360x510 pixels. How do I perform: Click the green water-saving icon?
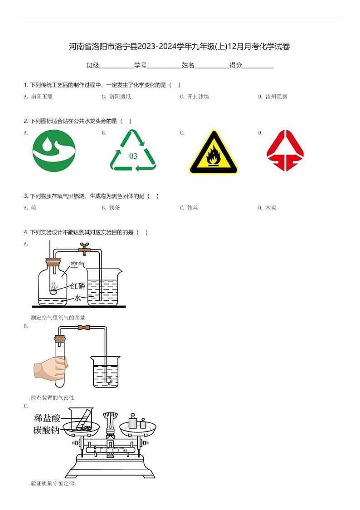click(x=54, y=151)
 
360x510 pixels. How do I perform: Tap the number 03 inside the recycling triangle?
click(x=133, y=156)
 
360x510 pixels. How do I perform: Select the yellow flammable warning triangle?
click(x=213, y=153)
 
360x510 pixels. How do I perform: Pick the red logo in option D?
click(x=285, y=151)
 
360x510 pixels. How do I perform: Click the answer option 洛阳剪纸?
click(x=120, y=97)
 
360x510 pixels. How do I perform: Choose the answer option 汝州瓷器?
click(x=276, y=97)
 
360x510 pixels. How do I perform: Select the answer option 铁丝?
click(x=193, y=208)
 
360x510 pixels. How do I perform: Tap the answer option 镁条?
click(x=114, y=208)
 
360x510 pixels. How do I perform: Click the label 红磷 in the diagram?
click(x=78, y=286)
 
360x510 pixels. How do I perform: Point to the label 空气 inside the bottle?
click(x=78, y=264)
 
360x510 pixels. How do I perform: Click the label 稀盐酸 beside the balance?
click(x=47, y=418)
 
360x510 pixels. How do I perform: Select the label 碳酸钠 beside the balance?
click(x=47, y=430)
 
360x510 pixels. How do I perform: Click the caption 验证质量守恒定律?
click(x=52, y=484)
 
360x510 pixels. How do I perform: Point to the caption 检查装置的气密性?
click(x=52, y=398)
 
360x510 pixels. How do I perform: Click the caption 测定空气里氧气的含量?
click(x=58, y=318)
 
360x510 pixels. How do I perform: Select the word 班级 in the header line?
click(x=93, y=65)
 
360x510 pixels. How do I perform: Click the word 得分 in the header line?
click(x=236, y=65)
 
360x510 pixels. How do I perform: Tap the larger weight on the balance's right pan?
click(x=132, y=422)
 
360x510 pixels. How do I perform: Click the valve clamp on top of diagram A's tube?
click(x=83, y=248)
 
